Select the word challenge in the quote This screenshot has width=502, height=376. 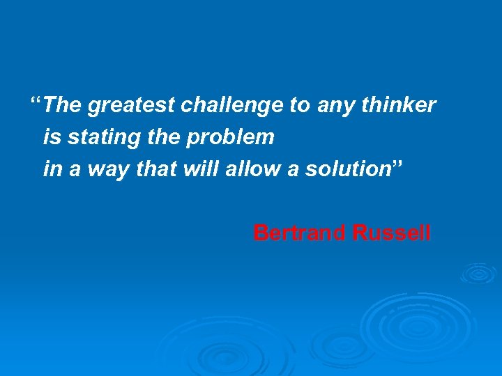coord(233,106)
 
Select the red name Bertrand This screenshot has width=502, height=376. coord(300,233)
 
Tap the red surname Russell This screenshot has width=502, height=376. coord(392,233)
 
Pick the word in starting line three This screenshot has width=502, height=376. coord(51,170)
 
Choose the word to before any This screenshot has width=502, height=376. coord(300,106)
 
